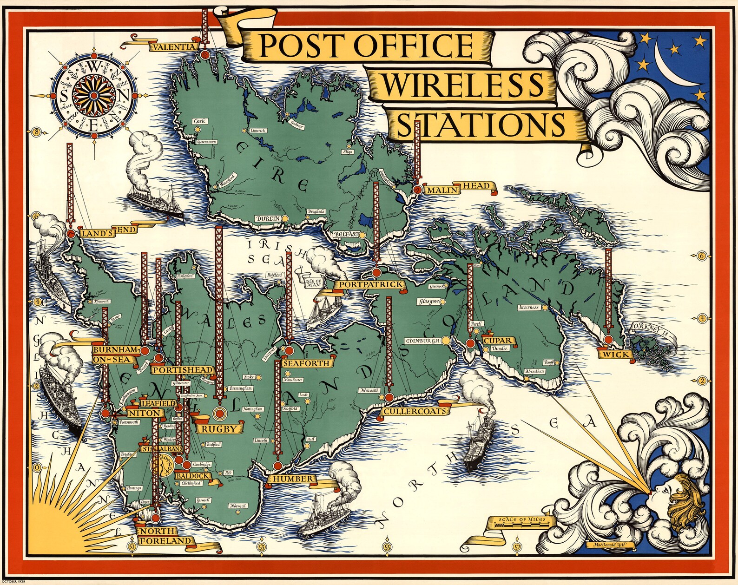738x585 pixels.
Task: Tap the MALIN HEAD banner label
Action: click(x=458, y=189)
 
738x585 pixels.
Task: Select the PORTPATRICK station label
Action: click(x=370, y=284)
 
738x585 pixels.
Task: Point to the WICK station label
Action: click(x=616, y=355)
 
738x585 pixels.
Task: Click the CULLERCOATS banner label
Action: click(x=416, y=411)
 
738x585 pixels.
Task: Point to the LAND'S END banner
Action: click(x=108, y=232)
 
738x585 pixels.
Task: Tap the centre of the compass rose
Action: click(x=93, y=95)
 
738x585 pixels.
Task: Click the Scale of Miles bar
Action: click(x=521, y=524)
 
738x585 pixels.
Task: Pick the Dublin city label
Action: click(x=268, y=218)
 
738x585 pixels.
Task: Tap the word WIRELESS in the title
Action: click(x=462, y=85)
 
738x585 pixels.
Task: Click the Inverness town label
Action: click(x=528, y=308)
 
